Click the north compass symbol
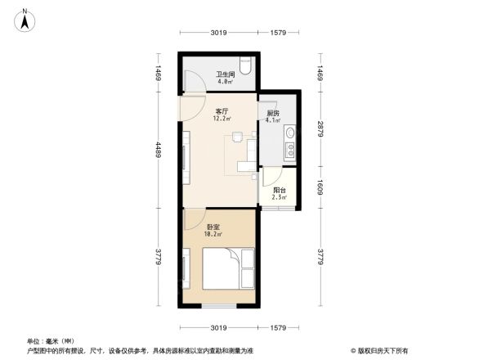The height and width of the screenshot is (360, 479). (x=26, y=19)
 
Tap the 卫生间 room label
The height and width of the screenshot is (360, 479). (x=225, y=74)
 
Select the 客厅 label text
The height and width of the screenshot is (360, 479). (x=221, y=111)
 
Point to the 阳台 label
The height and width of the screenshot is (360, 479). (x=280, y=190)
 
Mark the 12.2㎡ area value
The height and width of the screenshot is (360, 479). (x=222, y=119)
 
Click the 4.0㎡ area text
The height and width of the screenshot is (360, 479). (x=225, y=82)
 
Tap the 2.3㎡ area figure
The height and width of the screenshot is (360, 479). (x=280, y=197)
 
